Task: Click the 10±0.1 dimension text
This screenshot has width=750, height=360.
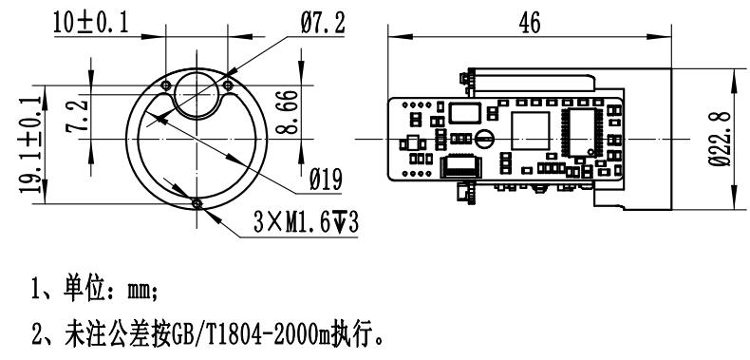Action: pyautogui.click(x=91, y=23)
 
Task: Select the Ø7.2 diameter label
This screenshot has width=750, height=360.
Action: pyautogui.click(x=323, y=23)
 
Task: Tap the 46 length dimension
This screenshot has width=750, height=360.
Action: pyautogui.click(x=530, y=23)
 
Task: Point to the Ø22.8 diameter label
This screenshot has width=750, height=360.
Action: pyautogui.click(x=721, y=139)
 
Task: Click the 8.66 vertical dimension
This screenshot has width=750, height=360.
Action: pyautogui.click(x=285, y=112)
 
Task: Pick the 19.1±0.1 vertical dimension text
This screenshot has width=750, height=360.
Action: pyautogui.click(x=30, y=144)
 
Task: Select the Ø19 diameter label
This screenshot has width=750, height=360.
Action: pyautogui.click(x=326, y=180)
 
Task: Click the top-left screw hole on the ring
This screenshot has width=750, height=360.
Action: pyautogui.click(x=166, y=85)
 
